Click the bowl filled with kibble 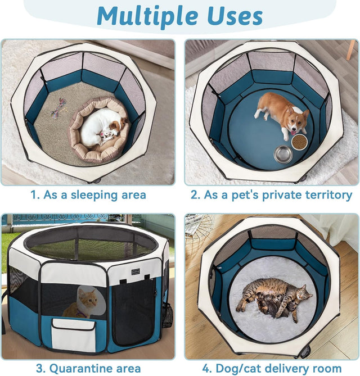tap(299, 141)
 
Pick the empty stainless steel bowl tap(283, 153)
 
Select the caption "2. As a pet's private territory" tap(271, 195)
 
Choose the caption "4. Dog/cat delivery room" tap(271, 368)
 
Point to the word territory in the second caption tap(328, 195)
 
